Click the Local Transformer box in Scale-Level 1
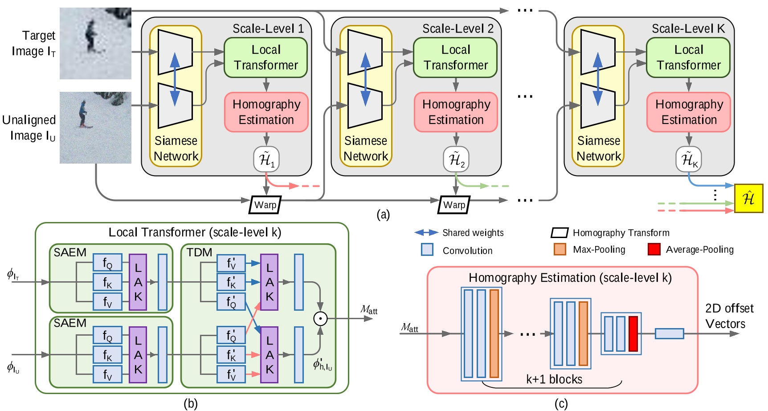pyautogui.click(x=266, y=58)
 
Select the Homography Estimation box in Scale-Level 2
pyautogui.click(x=456, y=112)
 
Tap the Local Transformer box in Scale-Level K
pyautogui.click(x=688, y=58)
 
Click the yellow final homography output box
pyautogui.click(x=748, y=198)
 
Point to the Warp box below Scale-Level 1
pyautogui.click(x=265, y=205)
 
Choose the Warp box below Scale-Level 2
pyautogui.click(x=454, y=205)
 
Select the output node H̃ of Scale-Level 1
pyautogui.click(x=266, y=159)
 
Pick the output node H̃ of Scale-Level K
pyautogui.click(x=689, y=159)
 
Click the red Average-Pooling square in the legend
pyautogui.click(x=654, y=249)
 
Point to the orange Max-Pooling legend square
pyautogui.click(x=560, y=249)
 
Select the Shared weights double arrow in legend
pyautogui.click(x=426, y=232)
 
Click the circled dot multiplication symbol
pyautogui.click(x=320, y=318)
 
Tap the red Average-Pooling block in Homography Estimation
pyautogui.click(x=633, y=334)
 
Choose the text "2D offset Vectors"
pyautogui.click(x=729, y=316)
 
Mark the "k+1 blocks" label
pyautogui.click(x=554, y=379)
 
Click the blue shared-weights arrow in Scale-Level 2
pyautogui.click(x=366, y=79)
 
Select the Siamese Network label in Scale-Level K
pyautogui.click(x=598, y=148)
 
